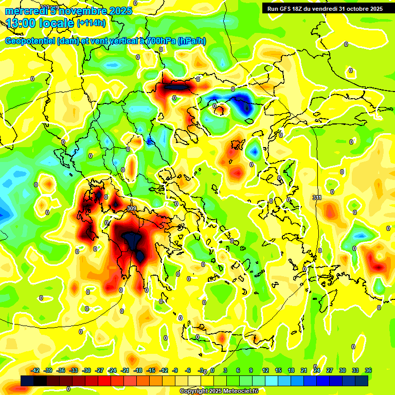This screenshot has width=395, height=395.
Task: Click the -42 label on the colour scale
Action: tap(35, 370)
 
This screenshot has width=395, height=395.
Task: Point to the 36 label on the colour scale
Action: tap(368, 370)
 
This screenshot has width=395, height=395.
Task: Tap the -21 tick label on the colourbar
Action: tap(125, 370)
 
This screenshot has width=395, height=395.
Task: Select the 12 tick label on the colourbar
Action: tap(265, 370)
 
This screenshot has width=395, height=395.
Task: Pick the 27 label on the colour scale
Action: tap(330, 370)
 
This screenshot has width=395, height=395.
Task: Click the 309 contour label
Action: tap(132, 208)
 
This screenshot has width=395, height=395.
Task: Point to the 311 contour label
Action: tap(317, 197)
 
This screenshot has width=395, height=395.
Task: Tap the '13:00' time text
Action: tap(22, 23)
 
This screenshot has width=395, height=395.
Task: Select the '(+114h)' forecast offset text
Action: tap(91, 23)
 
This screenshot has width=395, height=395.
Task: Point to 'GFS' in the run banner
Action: tap(285, 9)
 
